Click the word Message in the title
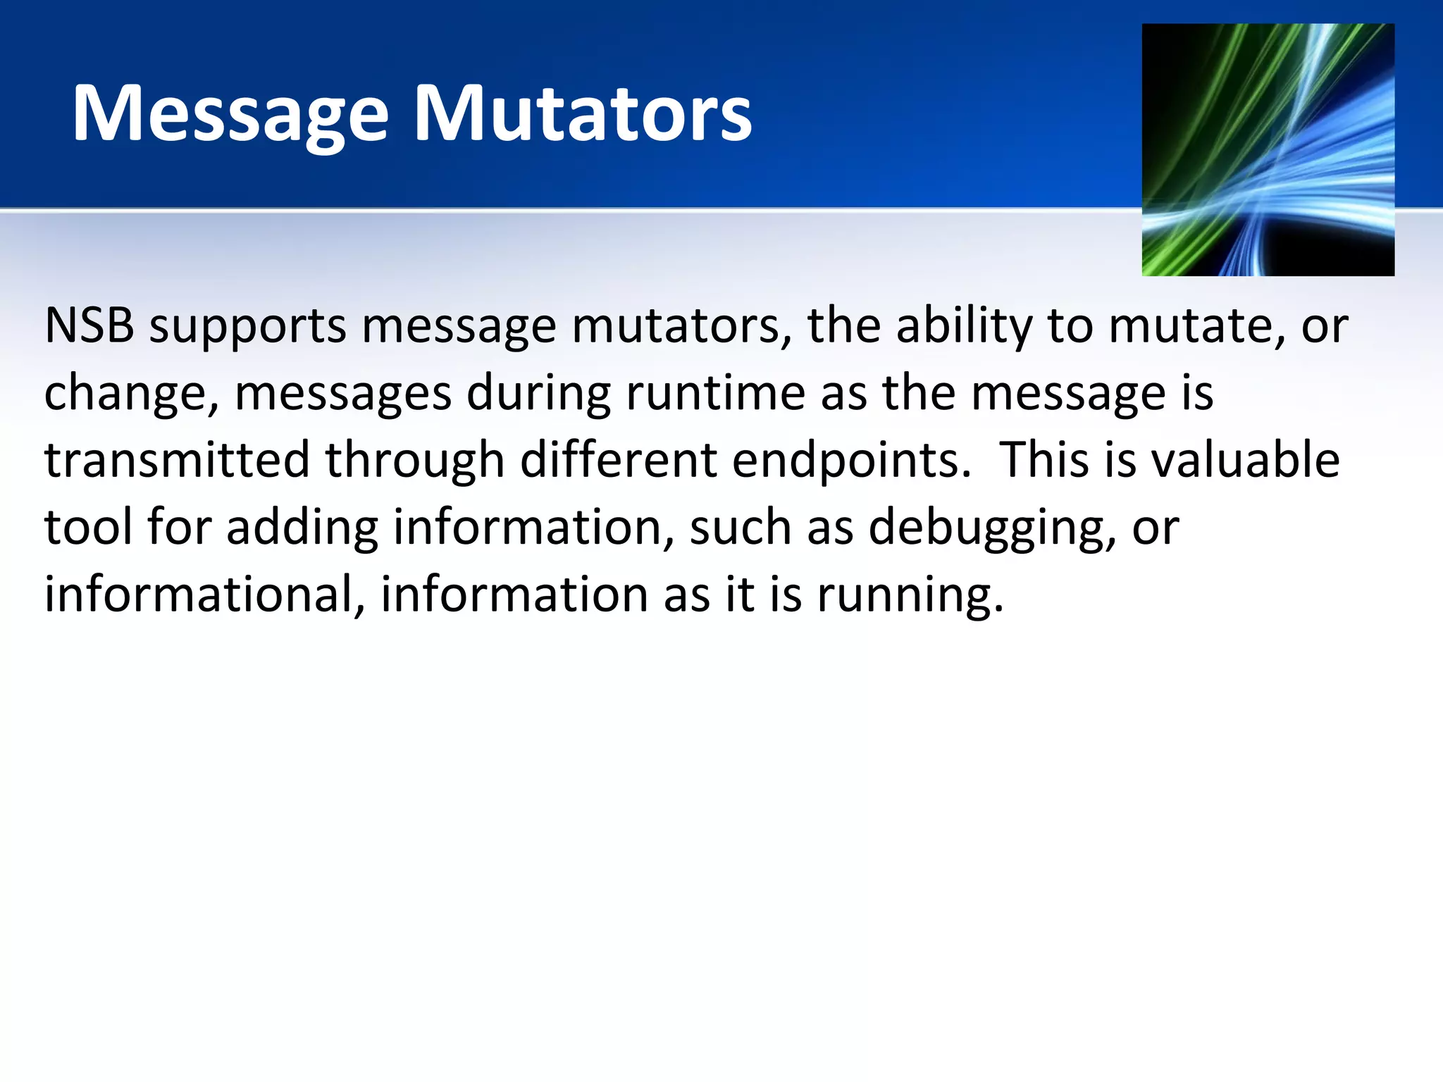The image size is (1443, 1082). tap(230, 115)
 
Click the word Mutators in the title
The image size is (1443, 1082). tap(583, 115)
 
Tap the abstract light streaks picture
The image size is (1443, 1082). tap(1268, 149)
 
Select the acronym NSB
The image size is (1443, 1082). tap(89, 326)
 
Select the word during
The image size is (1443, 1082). tap(538, 393)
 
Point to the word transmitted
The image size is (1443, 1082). tap(177, 460)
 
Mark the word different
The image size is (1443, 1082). tap(619, 460)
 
